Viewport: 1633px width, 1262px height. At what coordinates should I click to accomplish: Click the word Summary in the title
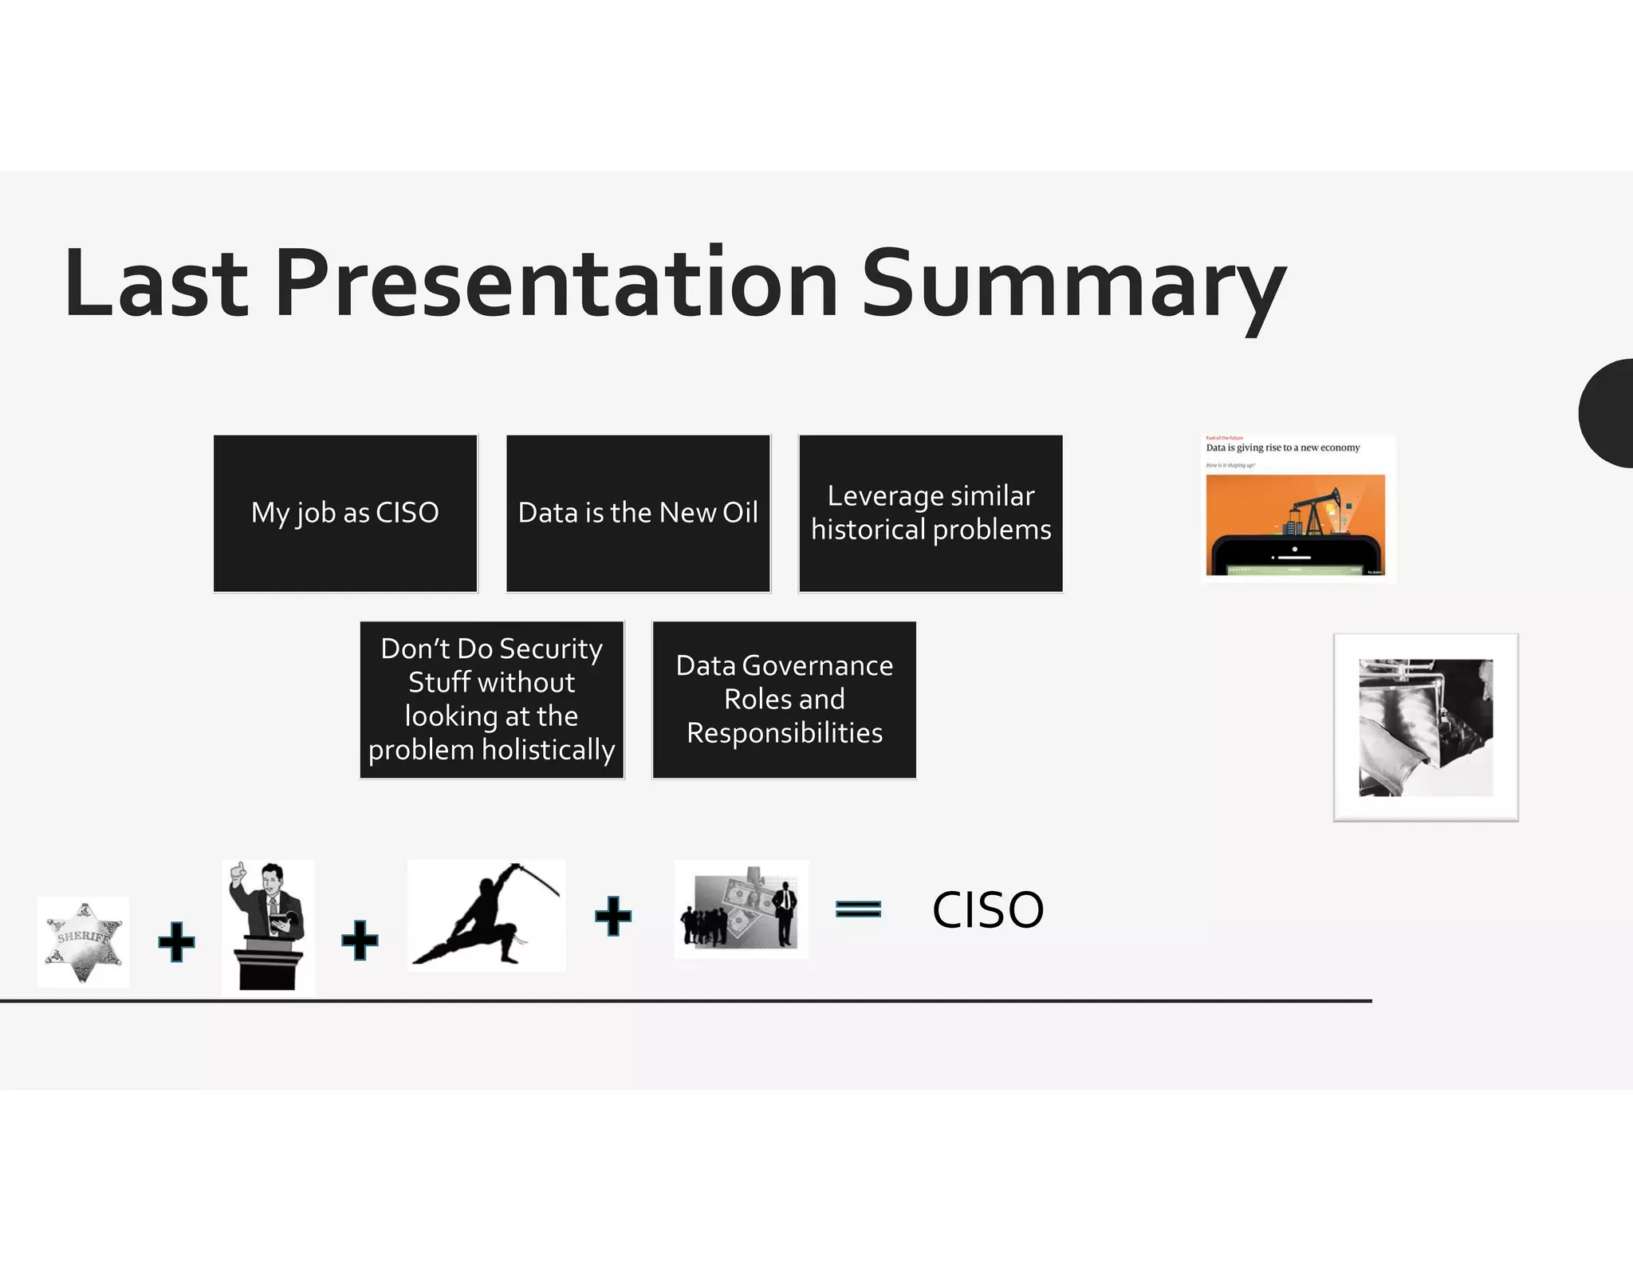(x=1072, y=285)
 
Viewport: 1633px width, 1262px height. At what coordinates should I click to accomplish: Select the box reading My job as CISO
(x=345, y=513)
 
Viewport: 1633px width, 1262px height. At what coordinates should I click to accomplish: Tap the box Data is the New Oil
(x=638, y=513)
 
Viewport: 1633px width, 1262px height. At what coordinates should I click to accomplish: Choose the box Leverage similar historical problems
(x=931, y=513)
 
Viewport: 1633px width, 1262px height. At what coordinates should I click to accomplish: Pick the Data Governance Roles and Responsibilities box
(x=784, y=700)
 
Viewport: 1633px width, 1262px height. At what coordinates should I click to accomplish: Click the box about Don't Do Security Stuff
(x=491, y=700)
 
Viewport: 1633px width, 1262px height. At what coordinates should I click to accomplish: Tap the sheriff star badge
(x=84, y=941)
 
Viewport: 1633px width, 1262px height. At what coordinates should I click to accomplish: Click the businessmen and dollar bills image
(x=741, y=909)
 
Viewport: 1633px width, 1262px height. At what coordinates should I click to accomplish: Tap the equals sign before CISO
(x=858, y=909)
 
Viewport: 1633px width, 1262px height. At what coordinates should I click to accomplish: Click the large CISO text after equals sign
(x=987, y=909)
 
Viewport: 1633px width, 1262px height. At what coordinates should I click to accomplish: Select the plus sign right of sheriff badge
(x=176, y=942)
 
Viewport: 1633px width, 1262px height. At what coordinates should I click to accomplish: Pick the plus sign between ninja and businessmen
(x=613, y=916)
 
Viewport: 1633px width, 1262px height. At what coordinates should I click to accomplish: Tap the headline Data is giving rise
(x=1282, y=448)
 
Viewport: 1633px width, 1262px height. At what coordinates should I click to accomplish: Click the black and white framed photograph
(x=1426, y=728)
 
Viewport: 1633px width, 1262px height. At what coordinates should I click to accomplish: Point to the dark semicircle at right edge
(x=1609, y=413)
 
